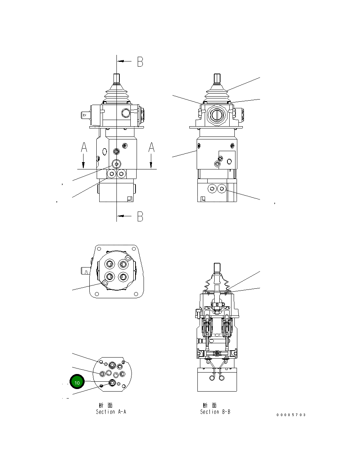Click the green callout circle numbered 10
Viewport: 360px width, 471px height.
pos(77,382)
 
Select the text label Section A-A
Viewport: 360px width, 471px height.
pos(111,412)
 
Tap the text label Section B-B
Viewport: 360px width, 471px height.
pos(215,412)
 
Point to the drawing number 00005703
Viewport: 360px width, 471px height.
pos(291,415)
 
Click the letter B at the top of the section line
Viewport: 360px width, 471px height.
pos(140,62)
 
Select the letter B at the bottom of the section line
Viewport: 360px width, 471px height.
pos(140,217)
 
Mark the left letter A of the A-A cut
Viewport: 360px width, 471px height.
pos(84,147)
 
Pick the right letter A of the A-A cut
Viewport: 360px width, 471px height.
pos(151,147)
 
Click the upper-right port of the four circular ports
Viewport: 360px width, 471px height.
pos(123,263)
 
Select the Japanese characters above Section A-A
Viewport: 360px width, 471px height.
pos(106,405)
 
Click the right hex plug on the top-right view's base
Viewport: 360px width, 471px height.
pos(222,189)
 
